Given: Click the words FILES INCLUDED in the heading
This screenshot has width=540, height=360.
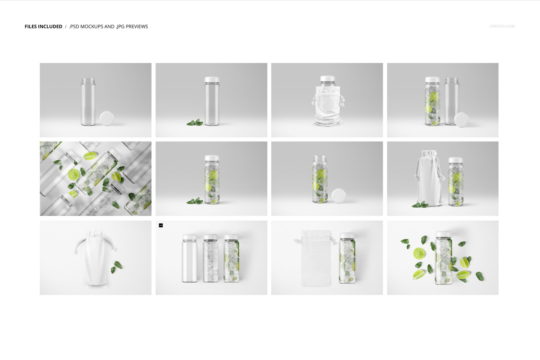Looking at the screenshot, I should click(x=43, y=26).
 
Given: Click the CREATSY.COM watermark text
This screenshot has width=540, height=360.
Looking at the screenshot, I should click(x=502, y=26).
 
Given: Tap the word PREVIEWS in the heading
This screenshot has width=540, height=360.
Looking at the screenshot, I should click(x=137, y=26).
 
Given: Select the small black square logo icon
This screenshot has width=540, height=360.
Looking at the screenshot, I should click(x=161, y=225).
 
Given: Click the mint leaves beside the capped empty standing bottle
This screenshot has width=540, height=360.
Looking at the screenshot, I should click(x=195, y=122).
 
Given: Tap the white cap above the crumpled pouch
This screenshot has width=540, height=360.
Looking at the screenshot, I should click(x=327, y=78).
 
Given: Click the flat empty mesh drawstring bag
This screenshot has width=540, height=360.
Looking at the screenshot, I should click(x=316, y=258).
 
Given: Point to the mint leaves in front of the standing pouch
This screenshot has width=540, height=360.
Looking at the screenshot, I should click(x=420, y=205).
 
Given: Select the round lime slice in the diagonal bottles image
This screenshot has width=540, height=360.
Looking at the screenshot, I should click(x=74, y=175).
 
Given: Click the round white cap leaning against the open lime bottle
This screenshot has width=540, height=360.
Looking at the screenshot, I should click(x=338, y=196).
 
